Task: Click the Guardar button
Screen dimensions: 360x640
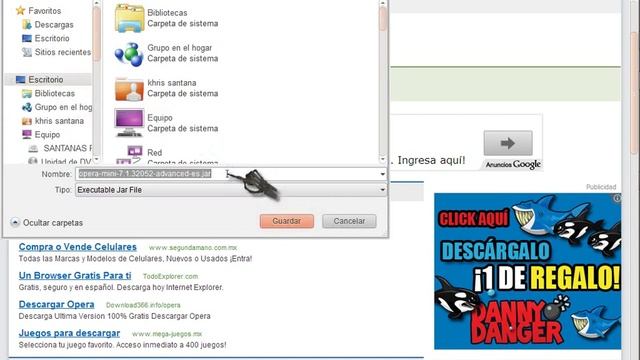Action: point(287,221)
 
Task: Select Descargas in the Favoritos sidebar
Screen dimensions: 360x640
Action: point(53,24)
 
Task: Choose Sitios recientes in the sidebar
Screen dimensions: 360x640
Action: point(62,51)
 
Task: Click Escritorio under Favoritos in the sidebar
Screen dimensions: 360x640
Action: point(51,38)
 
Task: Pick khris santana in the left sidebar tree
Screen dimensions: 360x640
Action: point(59,121)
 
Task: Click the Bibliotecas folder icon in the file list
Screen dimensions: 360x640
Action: point(129,18)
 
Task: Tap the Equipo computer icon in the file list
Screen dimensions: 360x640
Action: point(129,122)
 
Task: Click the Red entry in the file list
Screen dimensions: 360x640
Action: point(154,152)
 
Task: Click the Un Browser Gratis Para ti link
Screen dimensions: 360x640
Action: point(75,275)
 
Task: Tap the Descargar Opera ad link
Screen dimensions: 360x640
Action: point(56,304)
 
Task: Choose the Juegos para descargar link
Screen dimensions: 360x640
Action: point(68,333)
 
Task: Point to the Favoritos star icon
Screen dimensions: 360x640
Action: point(20,10)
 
